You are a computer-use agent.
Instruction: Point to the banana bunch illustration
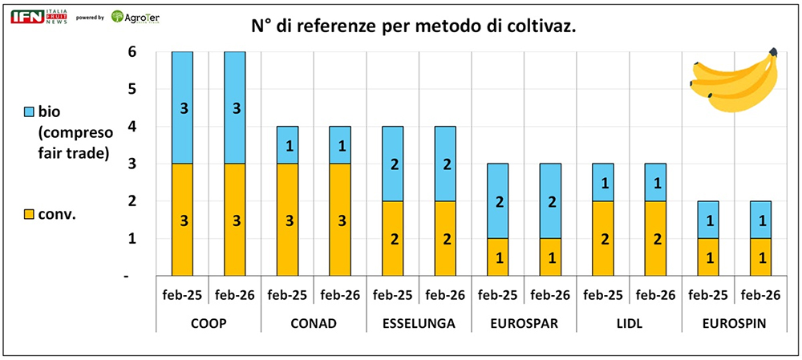pyautogui.click(x=735, y=79)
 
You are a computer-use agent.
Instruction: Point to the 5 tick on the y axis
pyautogui.click(x=132, y=89)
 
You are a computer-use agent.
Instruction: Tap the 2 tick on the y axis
pyautogui.click(x=132, y=201)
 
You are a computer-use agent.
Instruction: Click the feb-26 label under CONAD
pyautogui.click(x=341, y=294)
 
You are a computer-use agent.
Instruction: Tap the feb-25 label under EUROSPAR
pyautogui.click(x=498, y=294)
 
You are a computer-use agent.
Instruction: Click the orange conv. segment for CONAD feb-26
pyautogui.click(x=341, y=220)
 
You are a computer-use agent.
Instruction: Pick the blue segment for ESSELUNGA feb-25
pyautogui.click(x=393, y=164)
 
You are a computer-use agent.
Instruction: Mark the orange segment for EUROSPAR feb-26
pyautogui.click(x=550, y=257)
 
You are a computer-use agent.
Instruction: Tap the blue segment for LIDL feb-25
pyautogui.click(x=602, y=182)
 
